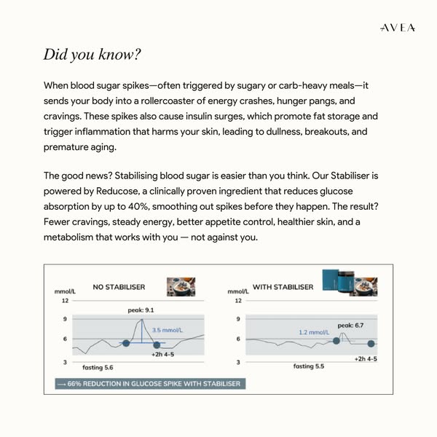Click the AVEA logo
coord(398,28)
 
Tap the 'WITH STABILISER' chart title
coord(283,287)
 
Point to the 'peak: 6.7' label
coord(350,326)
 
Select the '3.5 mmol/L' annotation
coord(167,330)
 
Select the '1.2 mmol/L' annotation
coord(315,332)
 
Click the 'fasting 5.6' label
coord(98,367)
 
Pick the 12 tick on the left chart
coord(65,300)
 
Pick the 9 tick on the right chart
coord(239,319)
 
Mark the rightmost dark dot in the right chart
coord(371,343)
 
